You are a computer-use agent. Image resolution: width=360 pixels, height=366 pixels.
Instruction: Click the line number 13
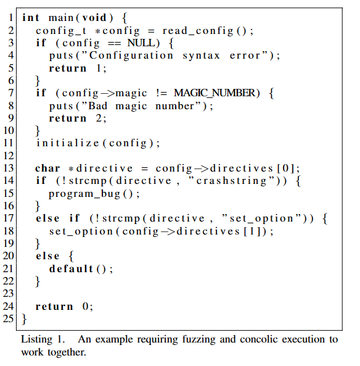click(x=9, y=168)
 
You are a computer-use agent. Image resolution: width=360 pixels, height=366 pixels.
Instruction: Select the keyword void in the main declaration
click(x=94, y=18)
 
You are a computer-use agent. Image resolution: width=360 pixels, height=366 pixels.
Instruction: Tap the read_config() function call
click(x=208, y=31)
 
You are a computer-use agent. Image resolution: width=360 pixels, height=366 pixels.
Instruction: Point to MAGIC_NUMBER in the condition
click(x=215, y=93)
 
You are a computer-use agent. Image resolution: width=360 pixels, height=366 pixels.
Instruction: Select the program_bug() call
click(x=94, y=194)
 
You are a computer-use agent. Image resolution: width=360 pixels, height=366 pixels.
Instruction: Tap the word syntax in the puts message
click(x=201, y=56)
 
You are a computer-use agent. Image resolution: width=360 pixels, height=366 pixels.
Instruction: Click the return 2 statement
click(x=78, y=118)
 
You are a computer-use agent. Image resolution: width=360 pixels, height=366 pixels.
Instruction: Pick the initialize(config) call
click(x=98, y=143)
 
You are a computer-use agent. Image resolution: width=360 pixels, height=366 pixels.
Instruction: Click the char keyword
click(x=47, y=168)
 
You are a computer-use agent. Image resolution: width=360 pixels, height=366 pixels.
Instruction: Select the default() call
click(x=81, y=268)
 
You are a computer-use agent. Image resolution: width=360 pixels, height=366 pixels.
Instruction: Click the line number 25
click(x=9, y=318)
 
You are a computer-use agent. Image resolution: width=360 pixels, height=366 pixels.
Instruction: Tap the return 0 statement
click(x=64, y=306)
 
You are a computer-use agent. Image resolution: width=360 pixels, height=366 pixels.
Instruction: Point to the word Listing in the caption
click(x=36, y=339)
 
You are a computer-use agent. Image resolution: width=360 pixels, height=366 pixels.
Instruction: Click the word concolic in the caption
click(x=258, y=339)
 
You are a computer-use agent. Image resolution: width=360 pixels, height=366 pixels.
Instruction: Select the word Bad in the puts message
click(x=98, y=106)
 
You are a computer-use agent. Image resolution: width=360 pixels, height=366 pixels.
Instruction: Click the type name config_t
click(x=61, y=31)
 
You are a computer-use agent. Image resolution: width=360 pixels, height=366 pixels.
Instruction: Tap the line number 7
click(x=11, y=93)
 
